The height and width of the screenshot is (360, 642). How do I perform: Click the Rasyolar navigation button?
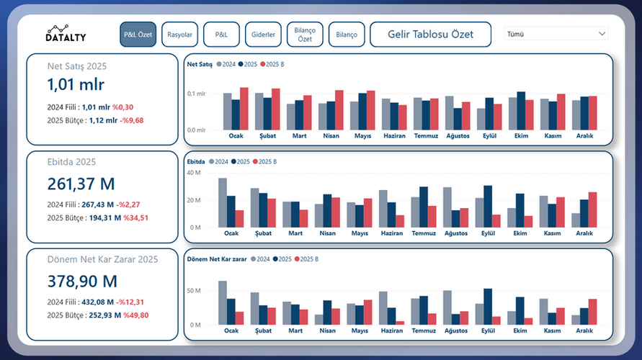179,35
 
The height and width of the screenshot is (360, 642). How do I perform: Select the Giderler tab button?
264,35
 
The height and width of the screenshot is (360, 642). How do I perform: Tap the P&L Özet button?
138,35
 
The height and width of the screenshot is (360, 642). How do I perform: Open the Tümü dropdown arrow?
602,34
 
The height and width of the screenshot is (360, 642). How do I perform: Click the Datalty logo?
66,34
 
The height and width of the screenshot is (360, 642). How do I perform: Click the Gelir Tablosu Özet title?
430,35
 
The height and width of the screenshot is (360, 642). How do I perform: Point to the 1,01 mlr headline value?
76,84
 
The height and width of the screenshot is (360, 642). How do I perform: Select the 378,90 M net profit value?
82,281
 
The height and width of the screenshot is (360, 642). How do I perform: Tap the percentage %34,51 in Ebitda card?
135,217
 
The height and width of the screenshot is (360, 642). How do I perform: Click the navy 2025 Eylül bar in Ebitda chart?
488,206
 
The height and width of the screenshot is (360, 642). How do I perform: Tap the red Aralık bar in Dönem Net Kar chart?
592,312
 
